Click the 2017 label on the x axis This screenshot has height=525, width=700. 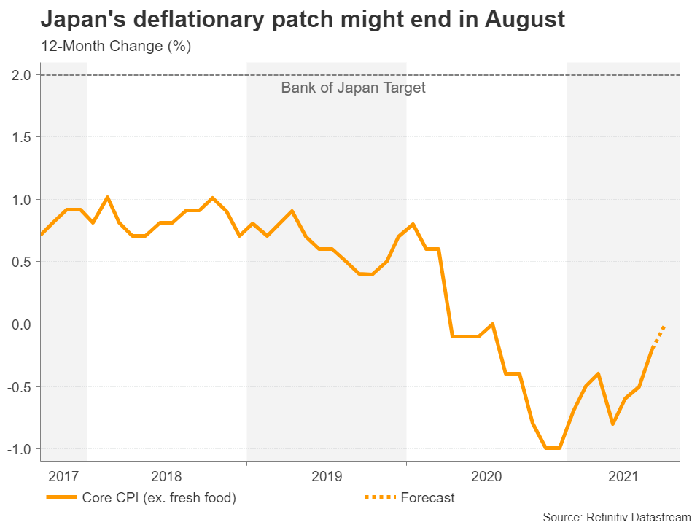pos(63,477)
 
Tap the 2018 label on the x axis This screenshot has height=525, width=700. pos(166,477)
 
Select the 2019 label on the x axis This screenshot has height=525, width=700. pos(326,477)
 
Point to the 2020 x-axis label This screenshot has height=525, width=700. pos(486,477)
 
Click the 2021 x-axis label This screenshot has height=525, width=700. pos(623,477)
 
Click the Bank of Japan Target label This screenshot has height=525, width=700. pos(353,88)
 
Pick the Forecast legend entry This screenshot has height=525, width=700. pos(427,498)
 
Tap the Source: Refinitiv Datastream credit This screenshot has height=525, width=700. pos(616,516)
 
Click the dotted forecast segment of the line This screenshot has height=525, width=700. pos(658,336)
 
